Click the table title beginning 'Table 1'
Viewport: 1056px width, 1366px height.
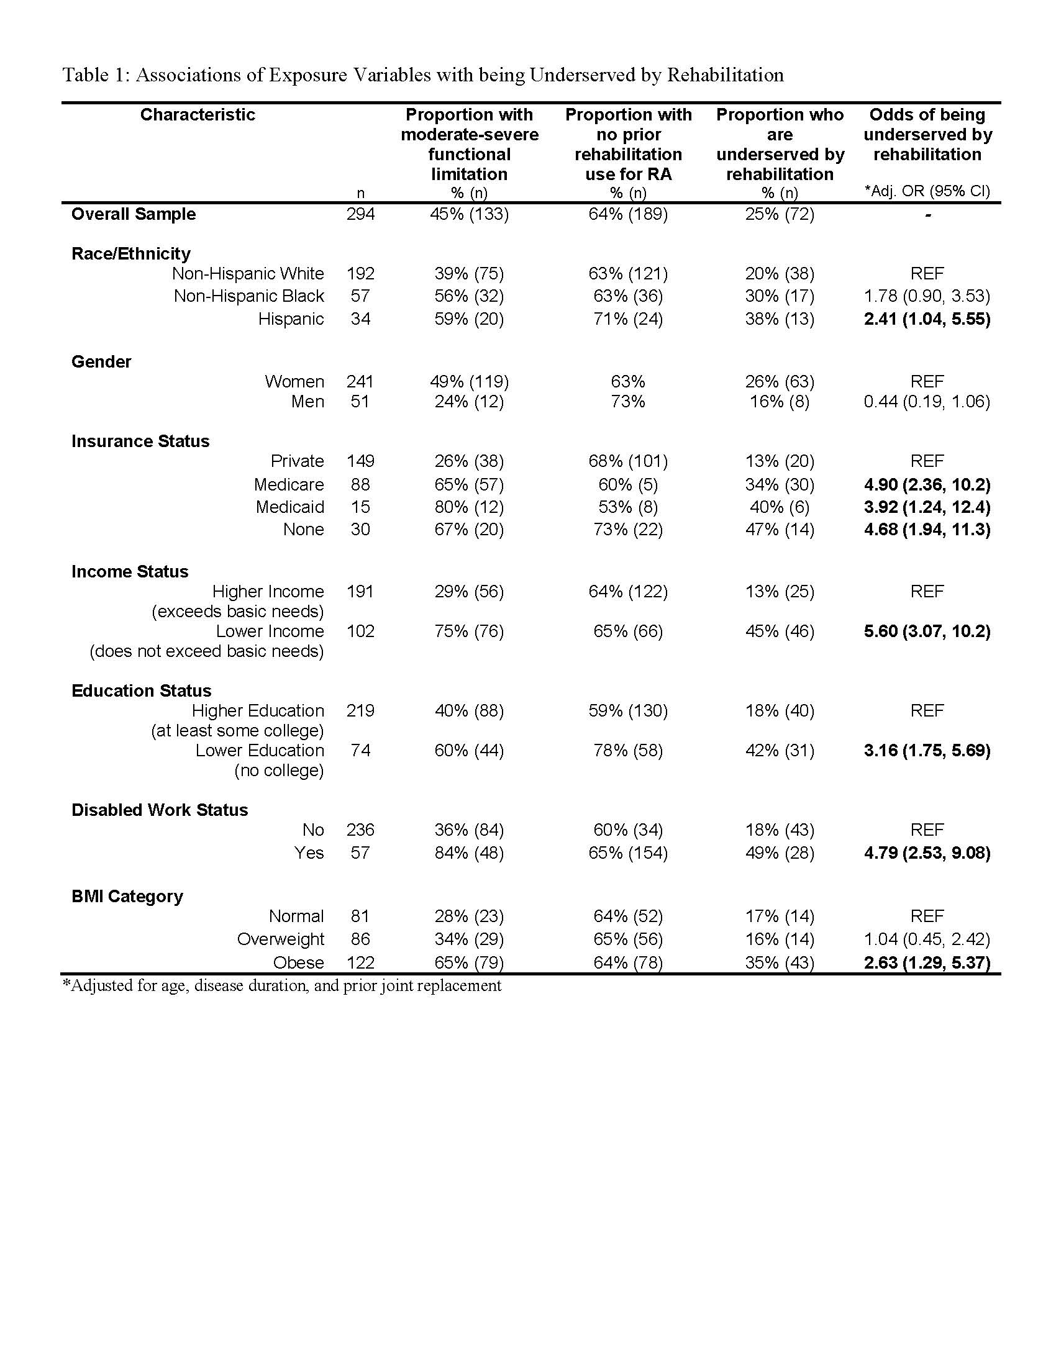point(422,75)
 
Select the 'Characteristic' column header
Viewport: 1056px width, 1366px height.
point(197,114)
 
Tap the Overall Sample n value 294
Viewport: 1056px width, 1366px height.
point(360,214)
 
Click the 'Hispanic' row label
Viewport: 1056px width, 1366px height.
point(291,319)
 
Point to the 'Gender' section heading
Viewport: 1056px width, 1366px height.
point(101,361)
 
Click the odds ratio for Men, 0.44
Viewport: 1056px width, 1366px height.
point(927,402)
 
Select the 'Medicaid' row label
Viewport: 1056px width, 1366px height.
point(289,507)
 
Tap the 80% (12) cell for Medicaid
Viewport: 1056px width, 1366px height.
point(469,507)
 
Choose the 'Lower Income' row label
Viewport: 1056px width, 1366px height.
point(270,631)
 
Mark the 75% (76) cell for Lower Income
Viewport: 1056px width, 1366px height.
point(469,631)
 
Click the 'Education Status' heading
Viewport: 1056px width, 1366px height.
point(142,690)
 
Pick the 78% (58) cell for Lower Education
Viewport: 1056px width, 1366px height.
point(628,750)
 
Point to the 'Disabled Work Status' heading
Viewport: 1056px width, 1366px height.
point(160,810)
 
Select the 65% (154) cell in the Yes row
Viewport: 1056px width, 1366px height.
point(628,853)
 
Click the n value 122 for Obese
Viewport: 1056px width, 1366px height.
point(360,962)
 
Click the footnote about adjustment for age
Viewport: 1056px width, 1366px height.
point(281,986)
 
